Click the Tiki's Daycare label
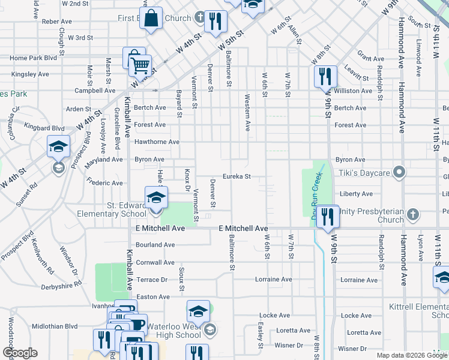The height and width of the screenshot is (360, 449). [x=366, y=173]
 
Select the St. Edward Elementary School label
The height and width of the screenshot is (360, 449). [x=111, y=209]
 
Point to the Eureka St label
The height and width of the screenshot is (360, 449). [x=236, y=176]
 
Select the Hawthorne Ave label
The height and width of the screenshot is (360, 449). [x=157, y=142]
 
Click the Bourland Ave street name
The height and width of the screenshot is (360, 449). [x=155, y=245]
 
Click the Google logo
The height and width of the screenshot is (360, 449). [x=20, y=353]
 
